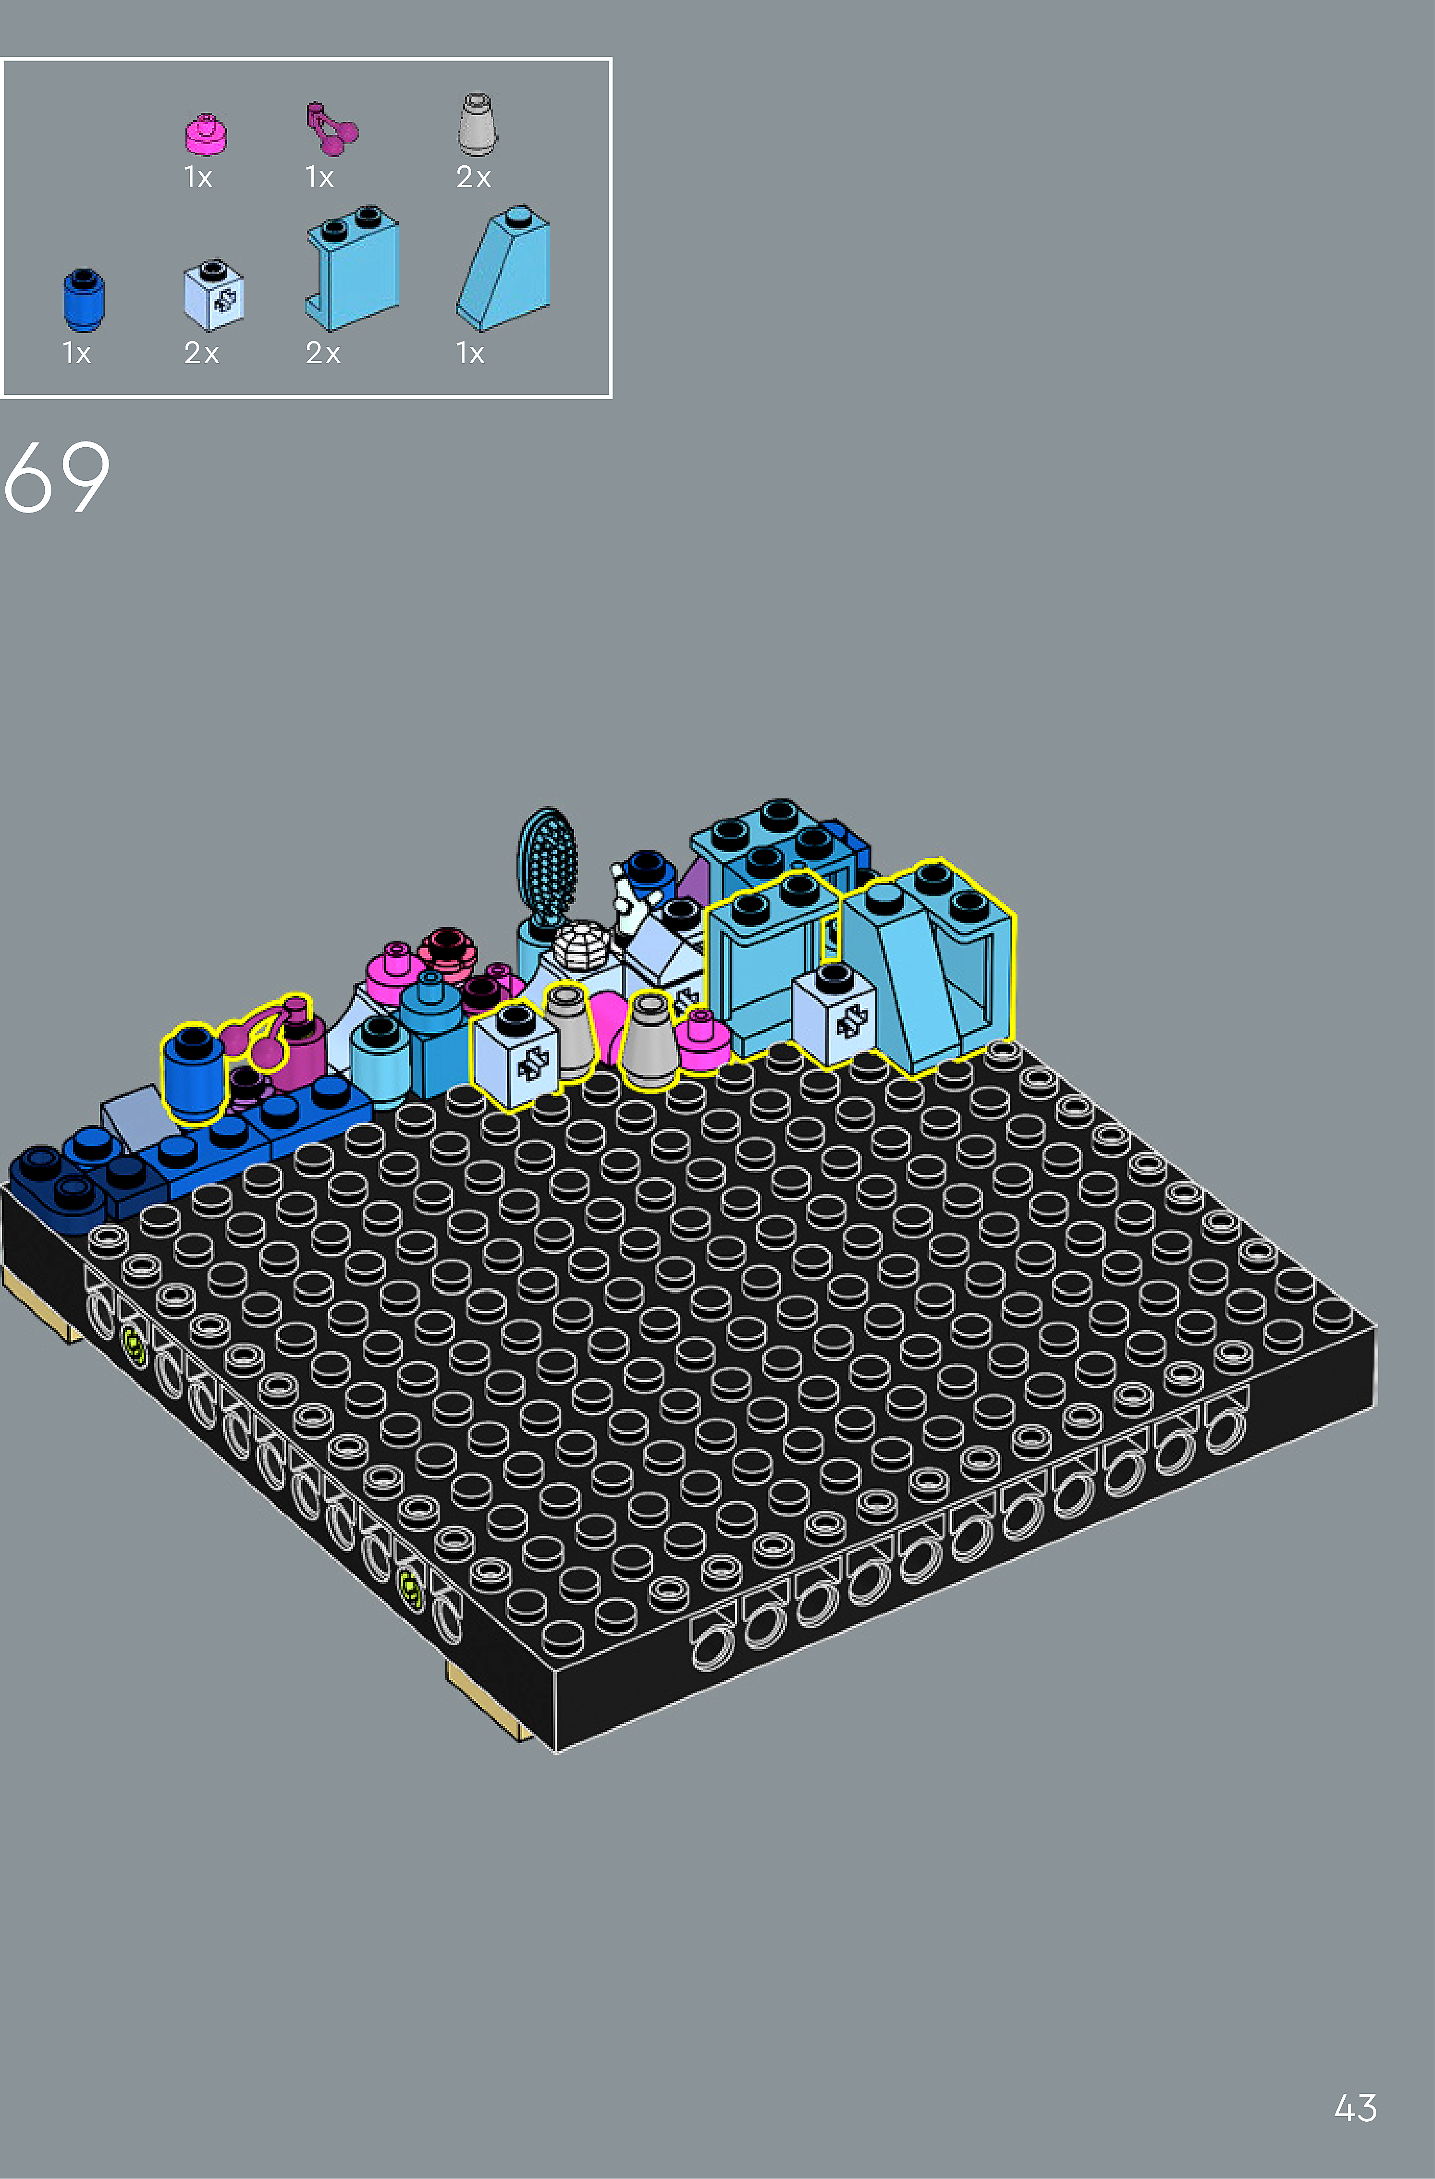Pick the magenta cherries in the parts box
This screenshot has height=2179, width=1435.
tap(331, 129)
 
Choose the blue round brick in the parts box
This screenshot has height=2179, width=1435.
tap(83, 299)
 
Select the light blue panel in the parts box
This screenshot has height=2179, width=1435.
tap(352, 268)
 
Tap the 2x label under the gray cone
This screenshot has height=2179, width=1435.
tap(474, 177)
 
